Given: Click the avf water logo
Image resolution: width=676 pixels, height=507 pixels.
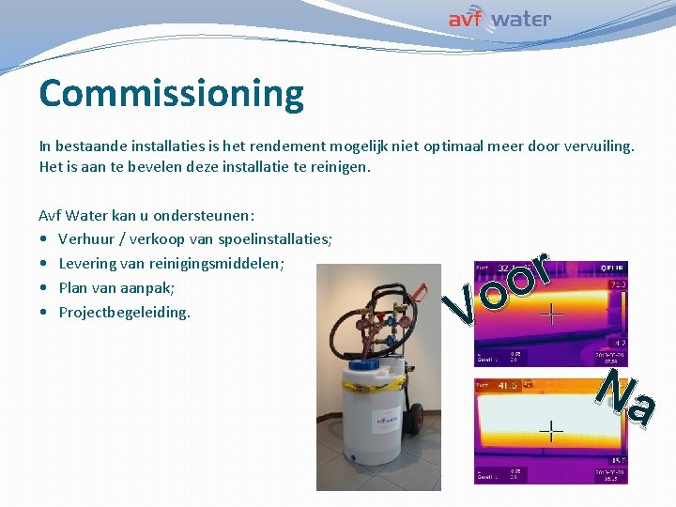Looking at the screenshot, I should [499, 19].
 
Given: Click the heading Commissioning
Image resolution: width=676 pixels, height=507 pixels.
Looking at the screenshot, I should [172, 94].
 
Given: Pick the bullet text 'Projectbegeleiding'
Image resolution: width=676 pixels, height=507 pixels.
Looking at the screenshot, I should [124, 312].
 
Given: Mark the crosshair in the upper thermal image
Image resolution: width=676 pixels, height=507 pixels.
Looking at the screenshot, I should [550, 314].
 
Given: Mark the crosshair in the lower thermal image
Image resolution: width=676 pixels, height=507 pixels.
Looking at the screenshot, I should [550, 431].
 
